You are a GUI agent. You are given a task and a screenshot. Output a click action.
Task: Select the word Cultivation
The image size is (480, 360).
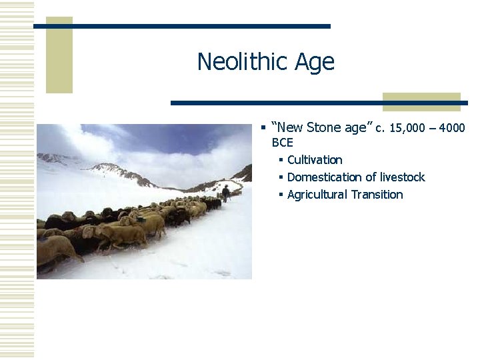tap(315, 160)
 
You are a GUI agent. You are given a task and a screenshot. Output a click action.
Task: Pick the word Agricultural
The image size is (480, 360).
tap(317, 195)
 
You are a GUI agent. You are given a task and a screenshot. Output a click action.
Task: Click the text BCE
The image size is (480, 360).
tap(282, 143)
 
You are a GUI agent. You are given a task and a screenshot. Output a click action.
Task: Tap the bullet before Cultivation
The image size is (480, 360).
tap(281, 160)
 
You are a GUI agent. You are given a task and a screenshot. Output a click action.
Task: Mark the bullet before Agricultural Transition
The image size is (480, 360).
tap(281, 195)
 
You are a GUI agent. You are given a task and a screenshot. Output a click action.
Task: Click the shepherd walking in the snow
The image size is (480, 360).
tap(225, 193)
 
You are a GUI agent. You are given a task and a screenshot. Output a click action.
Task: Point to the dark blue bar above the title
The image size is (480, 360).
tap(181, 26)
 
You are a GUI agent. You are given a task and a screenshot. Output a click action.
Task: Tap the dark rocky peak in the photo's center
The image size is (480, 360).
tap(120, 171)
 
